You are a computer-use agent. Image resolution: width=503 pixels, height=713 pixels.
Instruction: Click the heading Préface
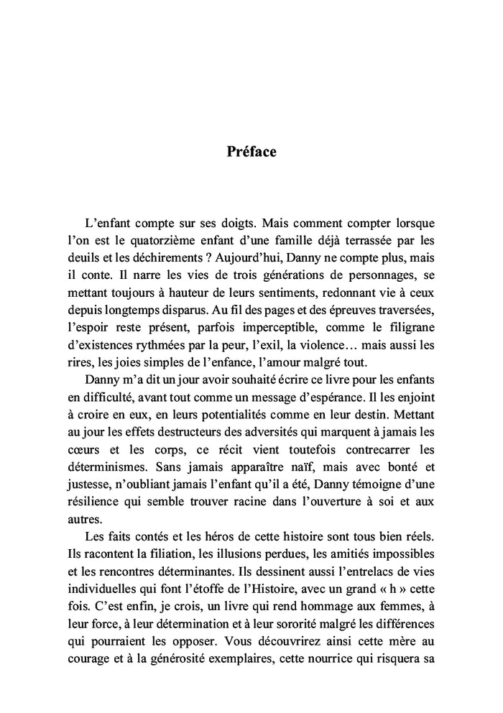[251, 152]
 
